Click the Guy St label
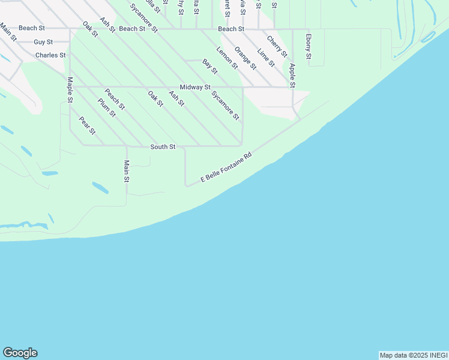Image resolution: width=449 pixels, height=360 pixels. coord(43,42)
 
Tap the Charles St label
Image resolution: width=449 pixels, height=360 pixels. coord(50,55)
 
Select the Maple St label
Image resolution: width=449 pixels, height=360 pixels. coord(70,89)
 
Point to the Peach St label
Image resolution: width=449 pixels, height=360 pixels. coord(115,99)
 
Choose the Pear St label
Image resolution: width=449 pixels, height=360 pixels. coord(87,125)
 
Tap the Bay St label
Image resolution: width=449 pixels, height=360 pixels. coord(209,67)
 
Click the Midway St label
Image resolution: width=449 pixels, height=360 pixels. coord(195,87)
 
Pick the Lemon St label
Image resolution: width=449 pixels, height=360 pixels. coord(227,58)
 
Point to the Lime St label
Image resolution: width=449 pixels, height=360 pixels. coord(265,58)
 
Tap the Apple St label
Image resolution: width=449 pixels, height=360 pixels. coord(292,76)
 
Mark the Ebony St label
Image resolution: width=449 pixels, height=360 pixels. coord(308,46)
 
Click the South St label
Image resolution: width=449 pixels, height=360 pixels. coord(163,147)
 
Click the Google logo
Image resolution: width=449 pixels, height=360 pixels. coord(20,353)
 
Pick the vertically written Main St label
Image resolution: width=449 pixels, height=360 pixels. coord(127,171)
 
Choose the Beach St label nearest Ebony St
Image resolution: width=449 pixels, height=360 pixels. coord(231,29)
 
